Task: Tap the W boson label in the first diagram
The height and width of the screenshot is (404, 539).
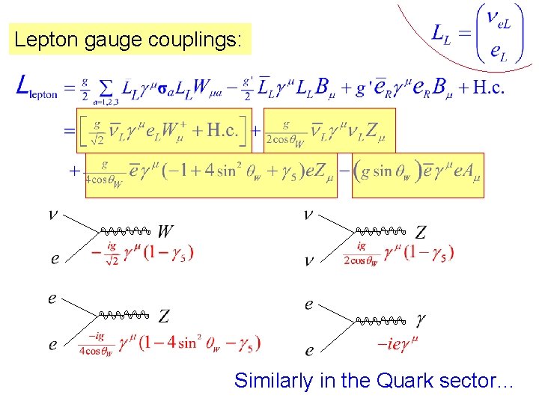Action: [166, 231]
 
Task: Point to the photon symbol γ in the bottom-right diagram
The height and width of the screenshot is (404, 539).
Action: [421, 319]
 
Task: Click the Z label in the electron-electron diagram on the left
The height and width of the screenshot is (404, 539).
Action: [163, 316]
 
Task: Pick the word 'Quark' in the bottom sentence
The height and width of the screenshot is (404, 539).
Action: [410, 380]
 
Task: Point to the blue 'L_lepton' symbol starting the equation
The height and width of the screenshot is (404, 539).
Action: [37, 90]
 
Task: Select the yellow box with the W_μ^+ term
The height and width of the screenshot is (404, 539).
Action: [161, 131]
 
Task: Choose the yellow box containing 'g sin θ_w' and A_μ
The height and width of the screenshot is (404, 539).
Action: [418, 175]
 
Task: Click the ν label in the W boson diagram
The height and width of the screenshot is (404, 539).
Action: [52, 215]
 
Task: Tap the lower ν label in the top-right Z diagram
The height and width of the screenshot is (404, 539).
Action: [308, 261]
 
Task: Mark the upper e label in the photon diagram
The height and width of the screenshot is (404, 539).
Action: [308, 304]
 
